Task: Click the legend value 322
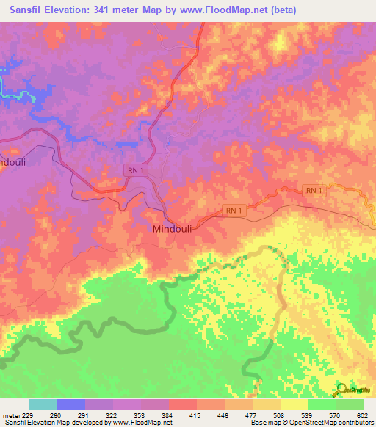[x=112, y=416]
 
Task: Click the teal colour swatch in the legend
[x=43, y=404]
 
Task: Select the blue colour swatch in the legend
[x=71, y=404]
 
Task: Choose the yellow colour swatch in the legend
[x=294, y=404]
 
